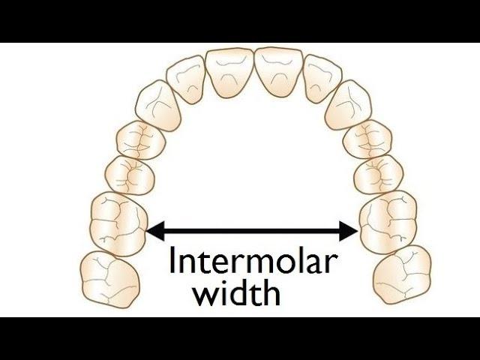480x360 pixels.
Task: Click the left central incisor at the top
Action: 230,73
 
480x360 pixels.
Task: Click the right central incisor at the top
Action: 278,72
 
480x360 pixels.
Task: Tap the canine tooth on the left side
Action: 158,106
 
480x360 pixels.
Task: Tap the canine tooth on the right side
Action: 349,105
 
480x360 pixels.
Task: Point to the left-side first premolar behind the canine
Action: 141,140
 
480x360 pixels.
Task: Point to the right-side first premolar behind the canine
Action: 367,139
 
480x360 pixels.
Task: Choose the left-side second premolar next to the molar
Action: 130,175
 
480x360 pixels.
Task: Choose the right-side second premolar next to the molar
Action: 379,175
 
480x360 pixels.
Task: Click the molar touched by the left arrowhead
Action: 119,224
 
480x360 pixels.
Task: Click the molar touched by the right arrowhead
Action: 388,223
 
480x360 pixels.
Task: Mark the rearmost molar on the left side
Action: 109,279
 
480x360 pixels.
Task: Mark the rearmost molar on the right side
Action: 402,275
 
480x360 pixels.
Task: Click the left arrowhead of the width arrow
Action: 155,231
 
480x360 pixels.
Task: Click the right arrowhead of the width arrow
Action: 349,231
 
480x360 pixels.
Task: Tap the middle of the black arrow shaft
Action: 252,231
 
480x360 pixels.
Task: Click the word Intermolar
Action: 253,259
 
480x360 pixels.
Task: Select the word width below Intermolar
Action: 237,292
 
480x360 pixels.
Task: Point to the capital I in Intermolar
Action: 172,260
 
